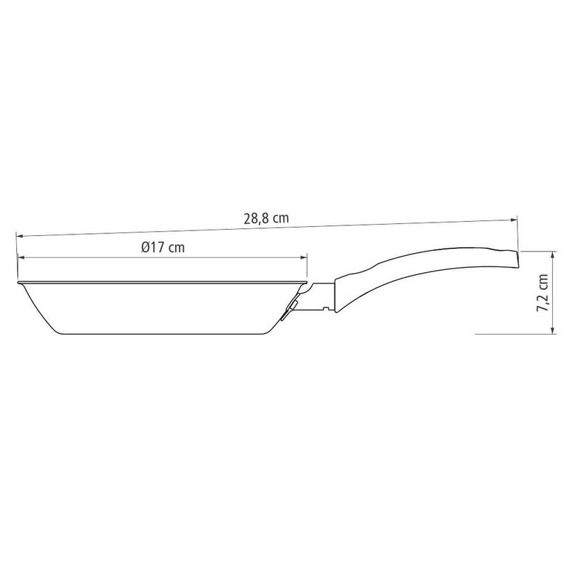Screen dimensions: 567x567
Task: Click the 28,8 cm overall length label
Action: coord(266,218)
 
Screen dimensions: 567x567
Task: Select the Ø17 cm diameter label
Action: coord(163,247)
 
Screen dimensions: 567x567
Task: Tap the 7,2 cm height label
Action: coord(543,293)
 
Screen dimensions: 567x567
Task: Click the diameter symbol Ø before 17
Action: coord(146,247)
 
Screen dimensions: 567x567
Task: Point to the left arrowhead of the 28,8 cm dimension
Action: coord(20,236)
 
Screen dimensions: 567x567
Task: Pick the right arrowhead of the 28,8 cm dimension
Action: coord(513,220)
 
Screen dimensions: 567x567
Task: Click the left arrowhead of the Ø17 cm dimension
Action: coord(21,257)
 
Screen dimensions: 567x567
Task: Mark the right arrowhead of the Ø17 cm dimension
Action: coord(304,257)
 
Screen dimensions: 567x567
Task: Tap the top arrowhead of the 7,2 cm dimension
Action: coord(552,255)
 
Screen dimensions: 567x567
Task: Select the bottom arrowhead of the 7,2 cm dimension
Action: coord(552,330)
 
